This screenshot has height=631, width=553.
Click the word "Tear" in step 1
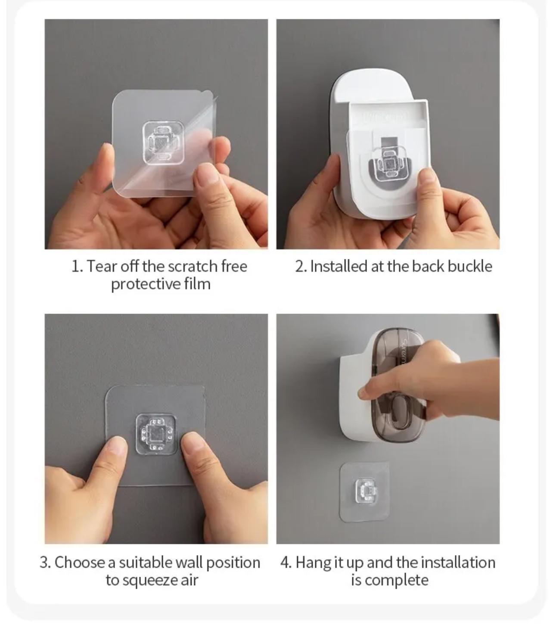102,266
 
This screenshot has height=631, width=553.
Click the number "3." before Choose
45,563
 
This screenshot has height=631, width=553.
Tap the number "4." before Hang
286,563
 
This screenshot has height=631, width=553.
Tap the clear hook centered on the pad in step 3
156,434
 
